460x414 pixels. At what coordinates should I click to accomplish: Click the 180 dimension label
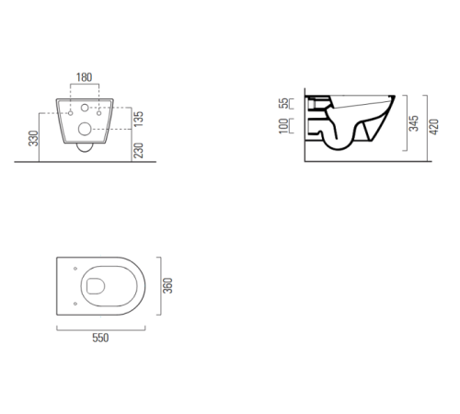click(x=84, y=77)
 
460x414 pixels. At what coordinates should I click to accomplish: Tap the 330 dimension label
click(x=34, y=138)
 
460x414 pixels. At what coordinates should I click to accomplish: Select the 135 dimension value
click(x=139, y=119)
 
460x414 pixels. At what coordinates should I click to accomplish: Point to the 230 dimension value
click(x=139, y=150)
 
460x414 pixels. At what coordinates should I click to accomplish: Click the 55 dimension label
click(x=283, y=103)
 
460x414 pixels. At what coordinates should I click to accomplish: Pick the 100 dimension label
click(x=283, y=126)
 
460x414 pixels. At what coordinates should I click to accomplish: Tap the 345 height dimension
click(x=414, y=123)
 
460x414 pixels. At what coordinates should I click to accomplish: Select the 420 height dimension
click(x=434, y=127)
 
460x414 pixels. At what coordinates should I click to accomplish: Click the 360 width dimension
click(x=167, y=285)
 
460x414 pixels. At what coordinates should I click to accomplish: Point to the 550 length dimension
click(x=100, y=338)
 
